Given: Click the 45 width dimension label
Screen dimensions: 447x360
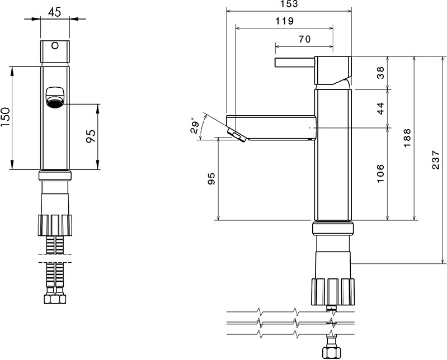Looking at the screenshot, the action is pyautogui.click(x=54, y=12).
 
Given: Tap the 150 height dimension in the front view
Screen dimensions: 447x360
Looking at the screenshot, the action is pyautogui.click(x=6, y=117).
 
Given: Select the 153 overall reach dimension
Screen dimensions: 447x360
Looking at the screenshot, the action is pyautogui.click(x=289, y=4).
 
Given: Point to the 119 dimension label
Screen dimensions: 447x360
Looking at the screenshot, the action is pyautogui.click(x=285, y=21).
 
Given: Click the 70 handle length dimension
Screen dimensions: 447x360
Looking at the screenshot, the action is pyautogui.click(x=304, y=39).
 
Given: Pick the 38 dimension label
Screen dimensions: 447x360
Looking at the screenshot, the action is pyautogui.click(x=380, y=72).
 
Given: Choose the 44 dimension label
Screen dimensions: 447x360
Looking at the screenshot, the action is pyautogui.click(x=380, y=108).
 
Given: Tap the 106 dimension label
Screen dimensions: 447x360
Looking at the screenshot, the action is pyautogui.click(x=380, y=173).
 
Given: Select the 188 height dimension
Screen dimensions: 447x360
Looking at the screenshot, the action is pyautogui.click(x=407, y=138).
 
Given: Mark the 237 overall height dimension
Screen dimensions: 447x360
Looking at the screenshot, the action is pyautogui.click(x=436, y=160).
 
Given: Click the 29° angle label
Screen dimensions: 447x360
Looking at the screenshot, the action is pyautogui.click(x=195, y=125).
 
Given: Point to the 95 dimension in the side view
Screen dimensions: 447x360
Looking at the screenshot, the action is pyautogui.click(x=211, y=178).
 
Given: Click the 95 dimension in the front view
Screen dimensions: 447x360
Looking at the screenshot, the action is pyautogui.click(x=91, y=136).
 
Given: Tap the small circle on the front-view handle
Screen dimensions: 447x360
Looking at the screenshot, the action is pyautogui.click(x=55, y=46).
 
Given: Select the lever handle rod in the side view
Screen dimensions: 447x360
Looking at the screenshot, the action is pyautogui.click(x=295, y=63).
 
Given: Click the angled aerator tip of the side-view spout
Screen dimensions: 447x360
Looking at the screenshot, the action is pyautogui.click(x=237, y=135).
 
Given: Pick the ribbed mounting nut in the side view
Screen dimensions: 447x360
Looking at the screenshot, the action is pyautogui.click(x=333, y=292).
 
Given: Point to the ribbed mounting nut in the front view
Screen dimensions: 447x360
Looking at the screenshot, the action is pyautogui.click(x=55, y=225).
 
